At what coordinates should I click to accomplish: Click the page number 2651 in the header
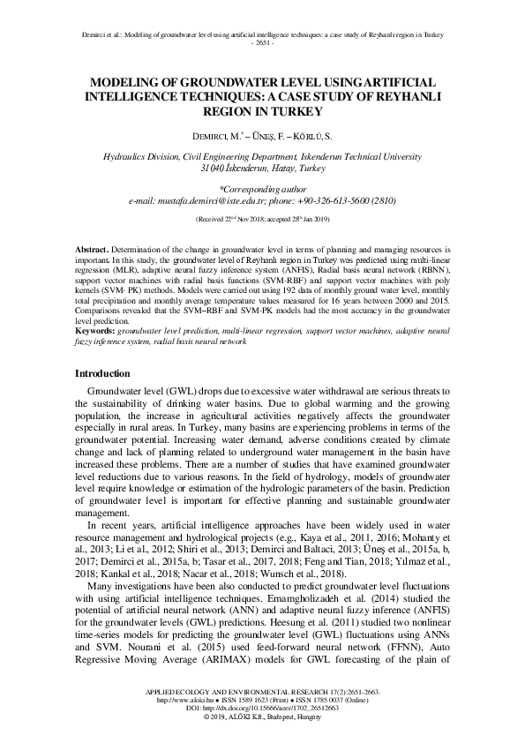coord(262,42)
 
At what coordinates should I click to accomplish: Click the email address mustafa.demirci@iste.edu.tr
coord(230,200)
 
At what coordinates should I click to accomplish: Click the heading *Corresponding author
coord(262,188)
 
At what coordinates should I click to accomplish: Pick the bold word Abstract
coord(91,252)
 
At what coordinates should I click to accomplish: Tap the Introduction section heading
coord(102,374)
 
